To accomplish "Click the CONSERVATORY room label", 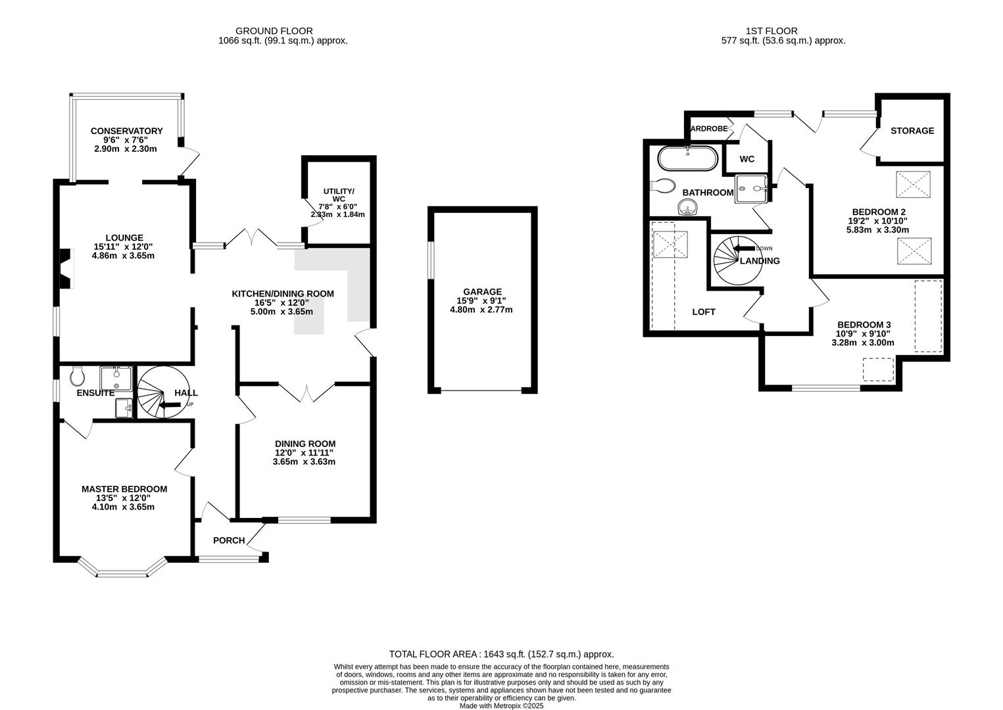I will coord(126,131).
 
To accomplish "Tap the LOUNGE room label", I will coord(124,238).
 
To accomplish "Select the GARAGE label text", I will coord(481,292).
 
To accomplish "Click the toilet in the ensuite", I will coord(76,376).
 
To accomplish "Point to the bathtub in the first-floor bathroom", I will coord(687,158).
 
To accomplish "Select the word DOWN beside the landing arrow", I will coord(764,248).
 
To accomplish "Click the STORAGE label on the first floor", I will coord(912,131).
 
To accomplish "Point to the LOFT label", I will coord(703,312).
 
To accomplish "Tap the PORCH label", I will coord(228,540).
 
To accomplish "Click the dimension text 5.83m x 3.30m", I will coord(877,230).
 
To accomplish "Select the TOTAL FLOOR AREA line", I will coord(501,654).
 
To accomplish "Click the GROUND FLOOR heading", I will coord(274,31).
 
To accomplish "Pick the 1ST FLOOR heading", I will coord(771,31).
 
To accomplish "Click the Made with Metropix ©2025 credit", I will coord(501,705).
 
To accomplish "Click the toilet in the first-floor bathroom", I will coord(662,185).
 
